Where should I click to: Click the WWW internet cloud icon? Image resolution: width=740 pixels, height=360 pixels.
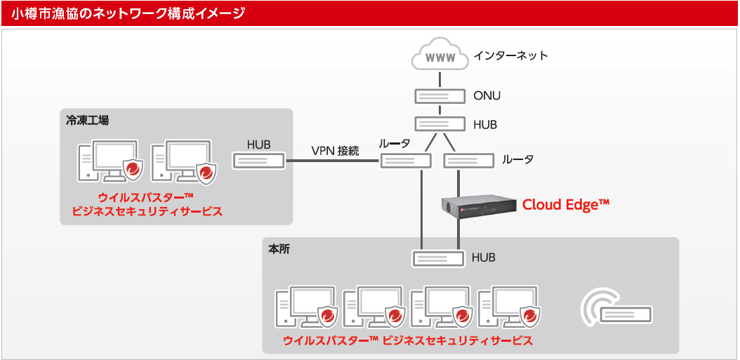(x=440, y=56)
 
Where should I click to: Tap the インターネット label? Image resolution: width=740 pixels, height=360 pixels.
(x=510, y=55)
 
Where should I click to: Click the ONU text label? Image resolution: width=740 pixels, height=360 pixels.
(x=487, y=95)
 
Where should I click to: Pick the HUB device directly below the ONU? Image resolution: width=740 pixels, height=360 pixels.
(x=440, y=124)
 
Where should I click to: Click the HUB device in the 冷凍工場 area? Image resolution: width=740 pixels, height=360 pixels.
(x=258, y=161)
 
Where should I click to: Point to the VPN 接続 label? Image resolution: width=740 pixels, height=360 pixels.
(x=336, y=150)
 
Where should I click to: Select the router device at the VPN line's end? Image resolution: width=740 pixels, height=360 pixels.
(x=406, y=161)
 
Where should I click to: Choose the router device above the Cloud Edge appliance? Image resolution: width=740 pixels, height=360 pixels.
(x=469, y=161)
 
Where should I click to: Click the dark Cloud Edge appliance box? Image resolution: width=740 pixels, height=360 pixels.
(x=477, y=205)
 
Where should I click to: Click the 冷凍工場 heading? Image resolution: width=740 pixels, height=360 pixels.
(x=88, y=120)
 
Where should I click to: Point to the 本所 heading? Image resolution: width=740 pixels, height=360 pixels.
(x=279, y=249)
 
